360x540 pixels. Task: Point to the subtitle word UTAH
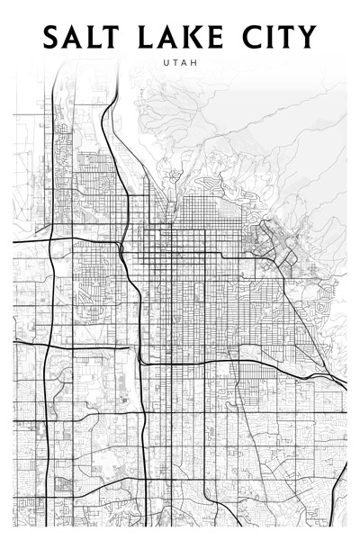[181, 63]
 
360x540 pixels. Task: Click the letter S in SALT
[52, 37]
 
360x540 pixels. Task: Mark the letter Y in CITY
[306, 37]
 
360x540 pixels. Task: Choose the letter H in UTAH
[194, 63]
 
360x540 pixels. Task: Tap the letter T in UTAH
[176, 63]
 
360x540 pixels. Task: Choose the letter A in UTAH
[185, 63]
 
